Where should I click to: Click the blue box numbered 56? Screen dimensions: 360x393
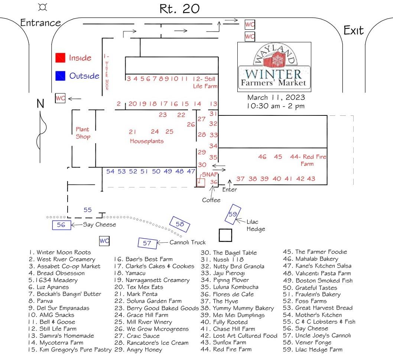(x=61, y=225)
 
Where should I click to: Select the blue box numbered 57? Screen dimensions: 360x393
(x=147, y=243)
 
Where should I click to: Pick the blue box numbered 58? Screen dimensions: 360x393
(x=180, y=224)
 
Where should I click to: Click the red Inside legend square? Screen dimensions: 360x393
(x=60, y=58)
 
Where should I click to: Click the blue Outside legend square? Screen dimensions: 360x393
(x=60, y=76)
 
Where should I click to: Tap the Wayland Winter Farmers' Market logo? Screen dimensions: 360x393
(x=274, y=67)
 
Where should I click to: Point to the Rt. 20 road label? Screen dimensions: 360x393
(x=179, y=9)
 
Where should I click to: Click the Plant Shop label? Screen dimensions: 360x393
(x=83, y=133)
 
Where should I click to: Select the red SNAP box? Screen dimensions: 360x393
(x=200, y=182)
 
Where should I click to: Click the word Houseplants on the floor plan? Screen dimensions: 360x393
(x=147, y=141)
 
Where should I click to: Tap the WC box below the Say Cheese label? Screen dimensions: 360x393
(x=104, y=241)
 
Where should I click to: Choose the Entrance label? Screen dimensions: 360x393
(x=40, y=23)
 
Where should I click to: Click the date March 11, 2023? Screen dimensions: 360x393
(x=276, y=98)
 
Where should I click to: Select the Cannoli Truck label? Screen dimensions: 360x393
(x=187, y=242)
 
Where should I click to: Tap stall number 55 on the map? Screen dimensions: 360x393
(x=87, y=210)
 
